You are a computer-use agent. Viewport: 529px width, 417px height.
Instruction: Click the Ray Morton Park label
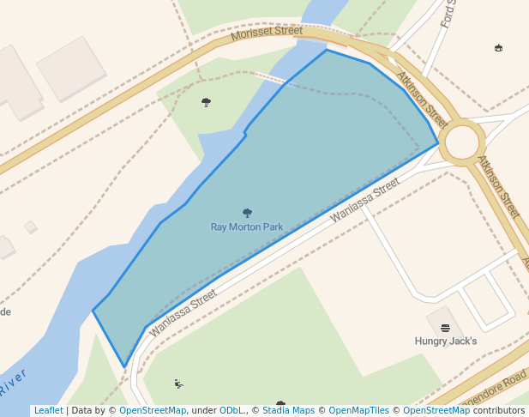(x=247, y=227)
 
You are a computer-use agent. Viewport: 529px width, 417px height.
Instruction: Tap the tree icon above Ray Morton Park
(x=248, y=213)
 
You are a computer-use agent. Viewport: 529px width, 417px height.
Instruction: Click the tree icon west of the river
(x=206, y=102)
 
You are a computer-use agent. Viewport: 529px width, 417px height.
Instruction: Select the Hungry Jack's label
(x=446, y=341)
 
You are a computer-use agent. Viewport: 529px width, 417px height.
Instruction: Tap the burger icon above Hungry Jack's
(x=445, y=328)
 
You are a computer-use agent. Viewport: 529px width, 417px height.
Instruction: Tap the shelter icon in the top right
(x=498, y=48)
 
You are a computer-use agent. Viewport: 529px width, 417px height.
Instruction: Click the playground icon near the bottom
(x=178, y=384)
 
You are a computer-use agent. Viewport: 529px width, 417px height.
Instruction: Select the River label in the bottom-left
(x=14, y=383)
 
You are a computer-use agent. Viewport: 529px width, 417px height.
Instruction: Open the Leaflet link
(x=48, y=411)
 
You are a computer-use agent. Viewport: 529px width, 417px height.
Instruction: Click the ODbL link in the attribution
(x=231, y=411)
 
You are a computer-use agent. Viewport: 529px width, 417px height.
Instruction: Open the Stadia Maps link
(x=288, y=411)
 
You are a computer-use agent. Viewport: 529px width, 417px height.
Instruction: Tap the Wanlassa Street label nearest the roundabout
(x=365, y=198)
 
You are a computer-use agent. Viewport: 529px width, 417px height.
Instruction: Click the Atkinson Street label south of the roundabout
(x=498, y=186)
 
